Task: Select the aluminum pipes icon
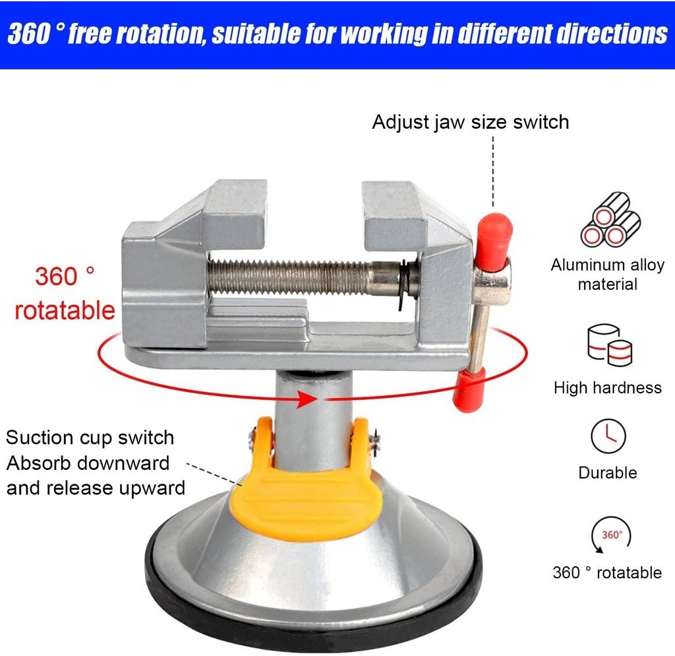[610, 220]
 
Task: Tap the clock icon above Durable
[608, 436]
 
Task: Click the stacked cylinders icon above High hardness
[609, 344]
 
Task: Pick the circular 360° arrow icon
[611, 535]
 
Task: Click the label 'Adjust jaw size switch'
[471, 122]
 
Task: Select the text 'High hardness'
[607, 388]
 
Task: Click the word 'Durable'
[607, 473]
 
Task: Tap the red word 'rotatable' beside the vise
[65, 310]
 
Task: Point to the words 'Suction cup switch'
[90, 438]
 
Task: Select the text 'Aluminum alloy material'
[607, 275]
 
